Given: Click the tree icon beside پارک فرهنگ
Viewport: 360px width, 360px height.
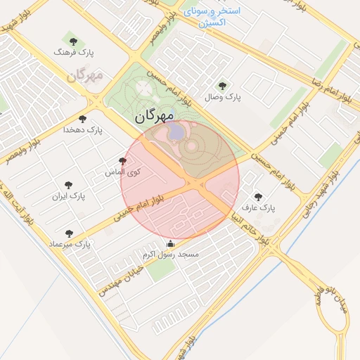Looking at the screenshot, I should coord(73,42).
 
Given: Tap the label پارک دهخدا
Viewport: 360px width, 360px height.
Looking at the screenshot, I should coord(83,130).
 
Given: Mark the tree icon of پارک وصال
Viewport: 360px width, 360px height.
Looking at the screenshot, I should coord(223,85).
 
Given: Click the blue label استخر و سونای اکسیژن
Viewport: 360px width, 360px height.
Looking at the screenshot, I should coord(212,17).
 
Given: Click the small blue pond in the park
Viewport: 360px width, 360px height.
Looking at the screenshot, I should coord(177,131).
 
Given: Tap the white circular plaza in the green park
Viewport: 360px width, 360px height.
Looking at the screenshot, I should coord(143,88).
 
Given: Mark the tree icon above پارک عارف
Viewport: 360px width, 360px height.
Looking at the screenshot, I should coord(258,197).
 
